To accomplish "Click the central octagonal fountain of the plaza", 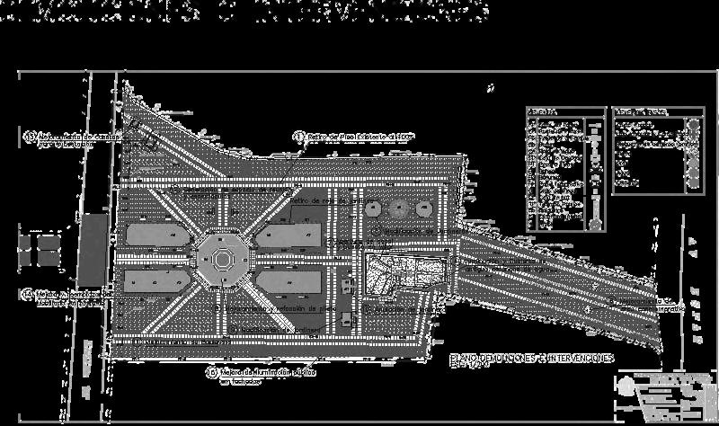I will click(220, 261).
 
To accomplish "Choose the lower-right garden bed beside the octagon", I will click(288, 282).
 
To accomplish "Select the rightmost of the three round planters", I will click(422, 208).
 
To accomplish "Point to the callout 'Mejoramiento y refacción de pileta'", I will click(270, 307).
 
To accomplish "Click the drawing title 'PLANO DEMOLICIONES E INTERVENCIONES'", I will click(531, 358).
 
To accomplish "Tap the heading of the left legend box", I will click(543, 111).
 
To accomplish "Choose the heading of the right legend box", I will click(640, 111).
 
